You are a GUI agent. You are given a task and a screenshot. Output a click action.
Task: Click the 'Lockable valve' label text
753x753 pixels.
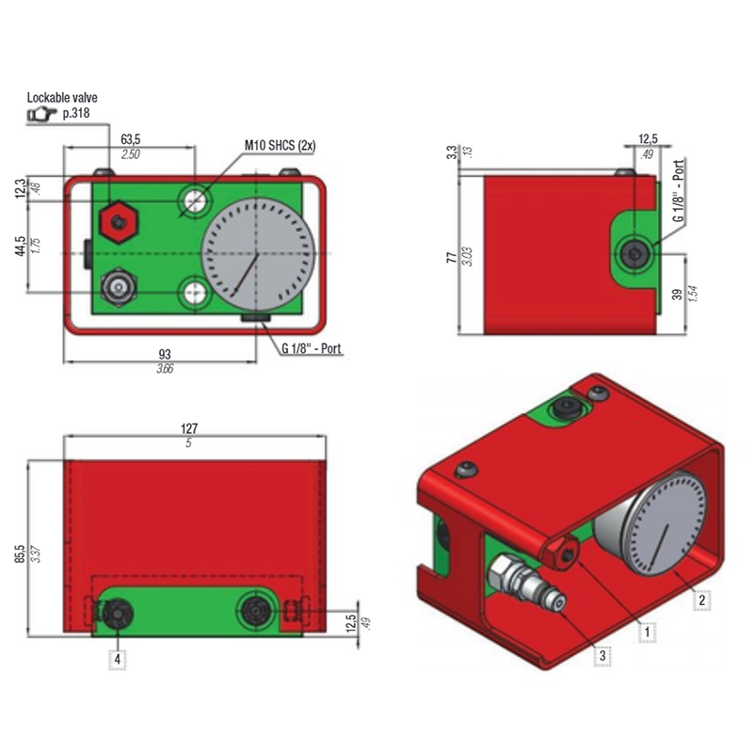[x=62, y=98]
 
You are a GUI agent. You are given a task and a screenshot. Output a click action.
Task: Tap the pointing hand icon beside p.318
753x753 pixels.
[x=41, y=114]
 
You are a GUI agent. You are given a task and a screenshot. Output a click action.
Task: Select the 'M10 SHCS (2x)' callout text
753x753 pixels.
[x=280, y=145]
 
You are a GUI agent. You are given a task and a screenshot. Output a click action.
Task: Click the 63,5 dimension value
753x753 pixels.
[x=130, y=139]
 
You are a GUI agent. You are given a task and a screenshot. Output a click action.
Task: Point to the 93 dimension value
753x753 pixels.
[x=164, y=355]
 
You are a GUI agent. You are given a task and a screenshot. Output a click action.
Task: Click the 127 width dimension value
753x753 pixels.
[x=189, y=428]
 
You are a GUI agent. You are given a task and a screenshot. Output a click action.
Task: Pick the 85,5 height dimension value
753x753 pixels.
[x=20, y=553]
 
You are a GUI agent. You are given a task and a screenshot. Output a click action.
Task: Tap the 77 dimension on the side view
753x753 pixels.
[x=452, y=257]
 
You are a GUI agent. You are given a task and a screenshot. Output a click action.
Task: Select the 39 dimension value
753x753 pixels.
[x=677, y=294]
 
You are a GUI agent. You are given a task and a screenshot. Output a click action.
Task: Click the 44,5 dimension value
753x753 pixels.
[x=20, y=246]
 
